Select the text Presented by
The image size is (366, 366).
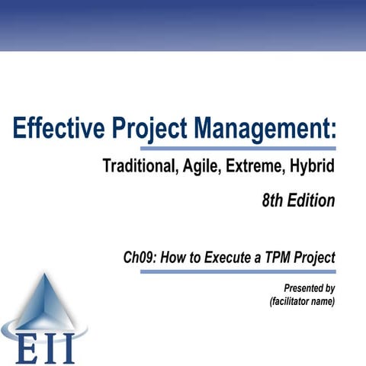pos(309,288)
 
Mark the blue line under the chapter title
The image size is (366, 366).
pos(237,271)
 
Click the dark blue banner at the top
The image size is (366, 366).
pos(183,23)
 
